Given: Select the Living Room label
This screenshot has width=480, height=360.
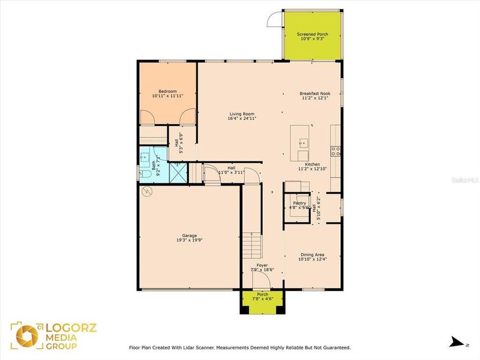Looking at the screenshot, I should click(242, 114).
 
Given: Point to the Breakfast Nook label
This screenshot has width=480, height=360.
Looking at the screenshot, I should click(314, 94).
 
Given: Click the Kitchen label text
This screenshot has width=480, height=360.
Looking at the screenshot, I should click(312, 164).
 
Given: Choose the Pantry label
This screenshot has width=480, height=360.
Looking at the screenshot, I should click(299, 203).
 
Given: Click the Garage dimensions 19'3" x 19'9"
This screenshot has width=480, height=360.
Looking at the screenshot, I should click(190, 240).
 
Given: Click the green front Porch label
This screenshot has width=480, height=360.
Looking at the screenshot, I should click(262, 294).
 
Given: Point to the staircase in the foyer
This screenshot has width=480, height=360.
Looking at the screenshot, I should click(253, 245).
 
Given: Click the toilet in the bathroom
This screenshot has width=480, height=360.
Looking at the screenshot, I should click(146, 175).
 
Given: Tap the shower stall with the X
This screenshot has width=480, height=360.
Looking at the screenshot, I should click(178, 173).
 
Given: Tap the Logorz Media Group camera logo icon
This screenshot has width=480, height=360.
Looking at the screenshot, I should click(25, 336).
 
